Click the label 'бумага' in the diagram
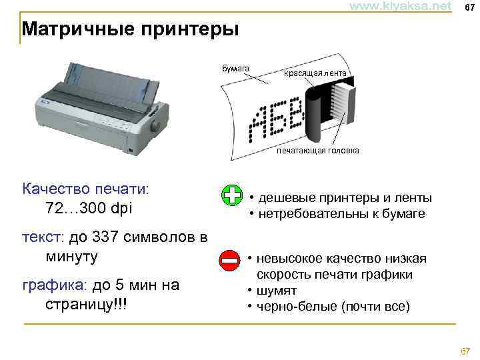tap(235, 68)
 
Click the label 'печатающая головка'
tap(318, 151)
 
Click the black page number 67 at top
tap(469, 7)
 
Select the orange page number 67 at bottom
tap(465, 351)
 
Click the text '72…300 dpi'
tap(90, 209)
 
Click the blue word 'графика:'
tap(53, 285)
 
